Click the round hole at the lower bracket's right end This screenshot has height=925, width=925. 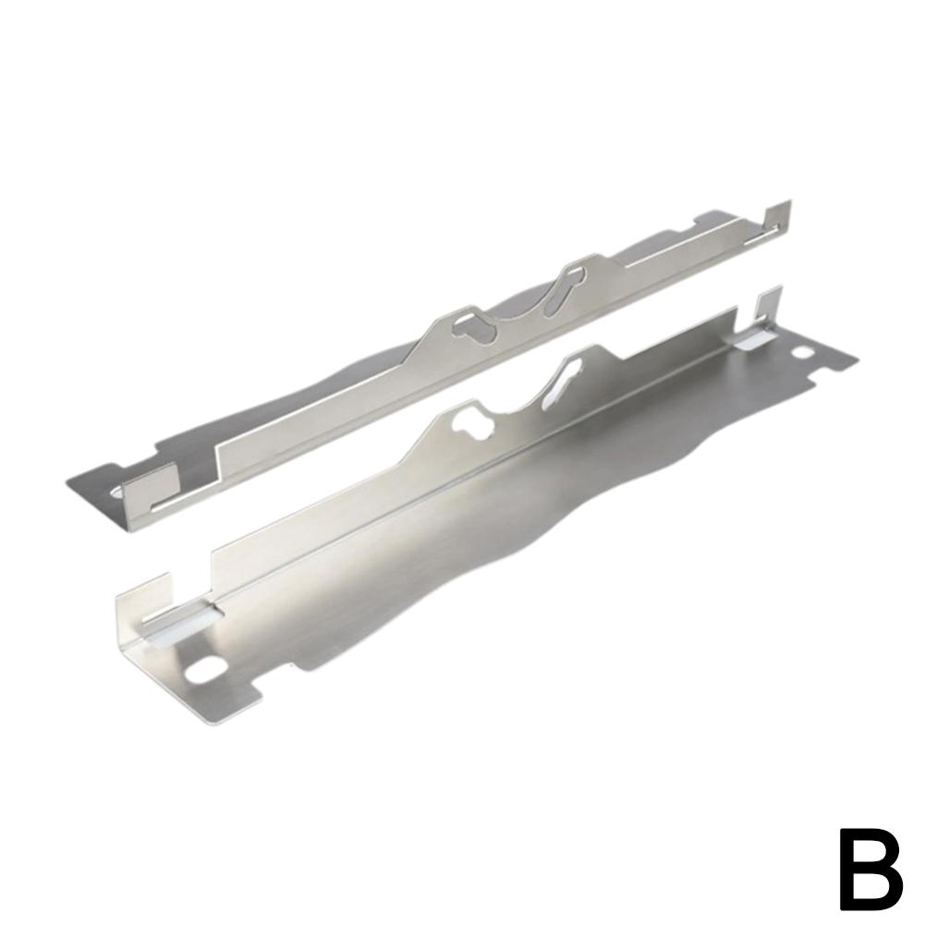803,353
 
